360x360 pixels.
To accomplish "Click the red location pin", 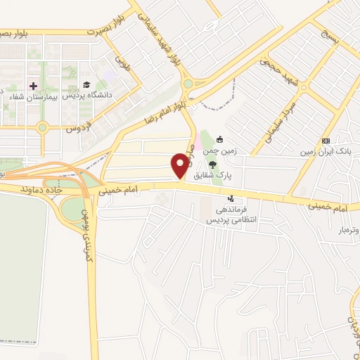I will [180, 165].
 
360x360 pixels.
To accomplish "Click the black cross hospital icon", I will [33, 86].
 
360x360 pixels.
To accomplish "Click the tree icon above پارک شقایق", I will [223, 163].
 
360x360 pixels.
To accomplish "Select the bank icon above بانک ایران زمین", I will [325, 141].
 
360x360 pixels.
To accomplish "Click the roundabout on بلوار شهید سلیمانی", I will [188, 84].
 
